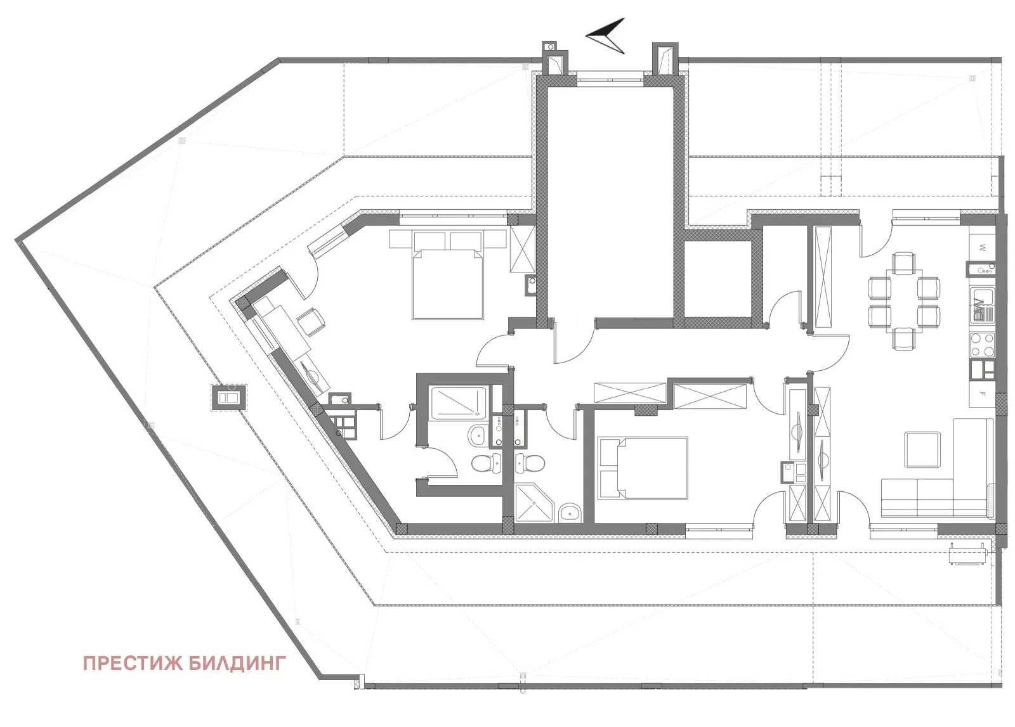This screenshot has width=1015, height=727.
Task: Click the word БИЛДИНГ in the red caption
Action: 237,664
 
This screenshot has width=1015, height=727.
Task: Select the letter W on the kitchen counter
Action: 981,248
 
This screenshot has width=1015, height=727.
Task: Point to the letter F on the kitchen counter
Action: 981,394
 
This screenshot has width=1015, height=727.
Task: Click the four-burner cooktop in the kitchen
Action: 981,345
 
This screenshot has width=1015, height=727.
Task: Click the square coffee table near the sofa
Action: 922,449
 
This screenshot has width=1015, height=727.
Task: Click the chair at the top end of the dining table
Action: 903,262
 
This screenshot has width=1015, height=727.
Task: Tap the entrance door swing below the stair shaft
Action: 574,342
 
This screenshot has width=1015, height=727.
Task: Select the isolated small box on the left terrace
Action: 228,397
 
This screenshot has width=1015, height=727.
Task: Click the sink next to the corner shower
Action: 570,512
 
